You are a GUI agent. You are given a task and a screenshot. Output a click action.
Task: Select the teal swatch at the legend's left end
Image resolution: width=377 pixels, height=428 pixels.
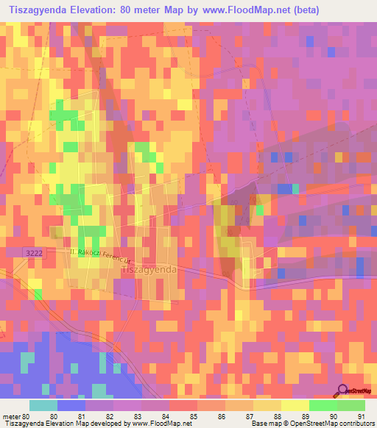pos(43,405)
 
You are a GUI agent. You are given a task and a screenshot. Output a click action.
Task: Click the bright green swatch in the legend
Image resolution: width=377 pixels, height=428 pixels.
pos(323,405)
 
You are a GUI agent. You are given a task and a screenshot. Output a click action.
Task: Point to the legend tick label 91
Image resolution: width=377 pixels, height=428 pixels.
pos(360,416)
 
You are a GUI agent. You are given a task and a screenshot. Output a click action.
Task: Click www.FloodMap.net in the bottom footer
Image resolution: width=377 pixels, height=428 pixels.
pos(157,424)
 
